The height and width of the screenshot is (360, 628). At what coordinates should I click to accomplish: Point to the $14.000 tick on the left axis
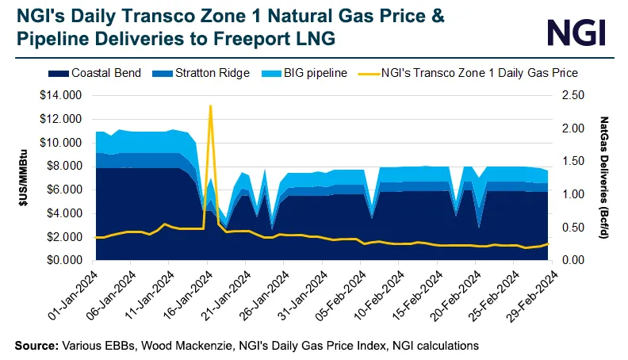point(63,95)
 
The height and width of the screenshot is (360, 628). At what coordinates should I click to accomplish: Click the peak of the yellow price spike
point(210,106)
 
